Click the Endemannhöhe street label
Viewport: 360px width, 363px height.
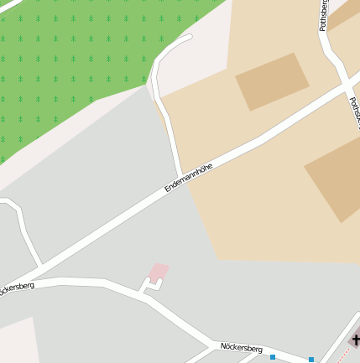[189, 178]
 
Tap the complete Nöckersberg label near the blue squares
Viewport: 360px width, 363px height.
[242, 347]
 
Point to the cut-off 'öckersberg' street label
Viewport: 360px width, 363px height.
[16, 288]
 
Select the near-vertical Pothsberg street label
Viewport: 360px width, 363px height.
[324, 15]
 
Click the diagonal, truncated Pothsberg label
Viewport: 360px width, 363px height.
[354, 112]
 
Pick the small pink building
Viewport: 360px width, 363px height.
[159, 272]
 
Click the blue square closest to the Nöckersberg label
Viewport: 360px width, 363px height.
[273, 357]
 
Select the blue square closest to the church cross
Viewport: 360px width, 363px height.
[311, 360]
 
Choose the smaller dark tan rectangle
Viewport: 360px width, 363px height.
[272, 80]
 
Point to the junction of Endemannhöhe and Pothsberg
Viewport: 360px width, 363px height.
[347, 84]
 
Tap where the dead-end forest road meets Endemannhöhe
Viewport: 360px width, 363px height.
[180, 173]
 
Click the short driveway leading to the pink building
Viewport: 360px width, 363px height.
[149, 287]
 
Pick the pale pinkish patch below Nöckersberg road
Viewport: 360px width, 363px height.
[17, 340]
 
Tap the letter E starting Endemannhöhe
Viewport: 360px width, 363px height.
[167, 190]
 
